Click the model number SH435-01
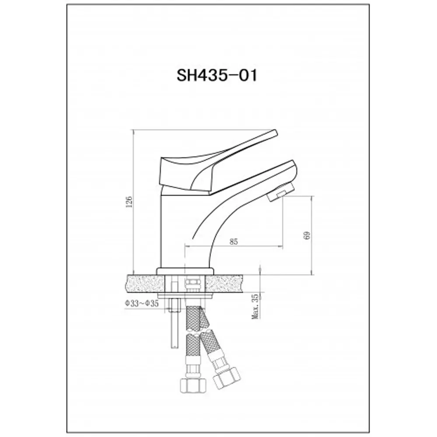click(x=217, y=75)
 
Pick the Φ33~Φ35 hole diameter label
click(x=141, y=303)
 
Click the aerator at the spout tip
click(x=280, y=193)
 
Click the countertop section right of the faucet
click(x=232, y=283)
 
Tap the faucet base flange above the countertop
click(x=186, y=271)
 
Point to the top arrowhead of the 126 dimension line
click(x=133, y=131)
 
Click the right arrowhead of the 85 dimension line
click(x=280, y=246)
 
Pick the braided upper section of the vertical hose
click(x=192, y=319)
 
